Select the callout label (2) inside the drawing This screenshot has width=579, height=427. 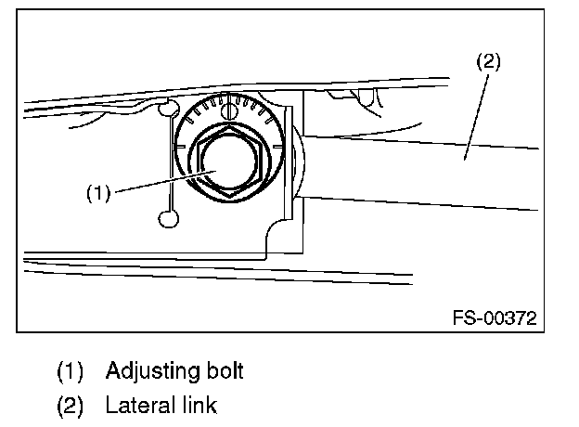click(488, 62)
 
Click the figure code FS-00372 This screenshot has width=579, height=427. click(495, 318)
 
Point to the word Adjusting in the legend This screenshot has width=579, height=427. click(148, 371)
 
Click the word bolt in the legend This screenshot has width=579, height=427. click(222, 371)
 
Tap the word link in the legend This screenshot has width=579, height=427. click(197, 406)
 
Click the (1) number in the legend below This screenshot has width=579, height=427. click(71, 372)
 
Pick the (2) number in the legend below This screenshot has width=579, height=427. click(71, 407)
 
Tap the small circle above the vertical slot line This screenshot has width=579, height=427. click(168, 109)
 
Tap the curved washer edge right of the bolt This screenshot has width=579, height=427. click(299, 162)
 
